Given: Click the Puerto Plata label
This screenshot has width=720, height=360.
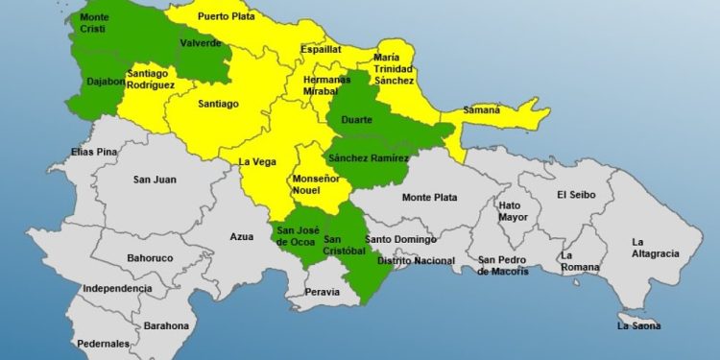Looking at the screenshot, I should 226,16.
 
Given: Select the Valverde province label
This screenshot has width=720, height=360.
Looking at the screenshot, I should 201,43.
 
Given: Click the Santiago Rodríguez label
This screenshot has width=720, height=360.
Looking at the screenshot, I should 150,80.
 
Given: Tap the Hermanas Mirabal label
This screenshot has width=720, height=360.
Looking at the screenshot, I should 322,84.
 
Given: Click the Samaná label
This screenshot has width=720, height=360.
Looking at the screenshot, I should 482,109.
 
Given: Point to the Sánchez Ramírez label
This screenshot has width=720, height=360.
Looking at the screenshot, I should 368,157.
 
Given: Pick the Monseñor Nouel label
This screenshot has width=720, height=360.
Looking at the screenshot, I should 315,186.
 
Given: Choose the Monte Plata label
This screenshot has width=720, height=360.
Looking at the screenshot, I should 429,198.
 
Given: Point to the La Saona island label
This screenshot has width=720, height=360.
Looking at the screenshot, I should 638,325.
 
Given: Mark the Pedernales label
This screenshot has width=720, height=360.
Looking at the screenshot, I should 105,343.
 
